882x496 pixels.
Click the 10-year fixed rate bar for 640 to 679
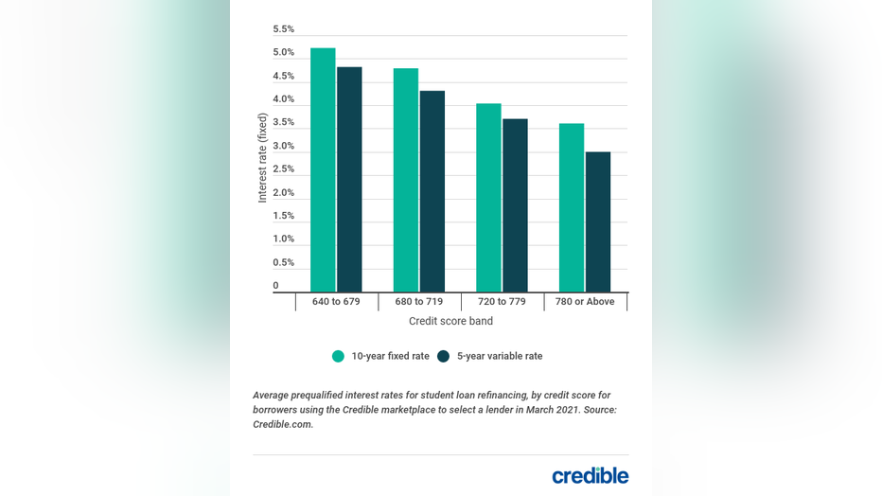click(x=323, y=170)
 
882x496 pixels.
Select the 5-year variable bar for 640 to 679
click(x=349, y=180)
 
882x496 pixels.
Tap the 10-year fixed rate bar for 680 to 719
click(x=406, y=180)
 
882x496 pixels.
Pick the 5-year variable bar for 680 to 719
click(x=432, y=191)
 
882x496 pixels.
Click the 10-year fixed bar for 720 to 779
click(x=488, y=198)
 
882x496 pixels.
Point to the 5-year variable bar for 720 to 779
click(x=515, y=205)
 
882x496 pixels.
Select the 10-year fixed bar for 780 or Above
click(x=572, y=207)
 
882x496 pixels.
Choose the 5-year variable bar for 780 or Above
click(x=598, y=221)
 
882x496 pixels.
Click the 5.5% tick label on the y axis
click(x=284, y=29)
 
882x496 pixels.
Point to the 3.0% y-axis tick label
click(x=284, y=146)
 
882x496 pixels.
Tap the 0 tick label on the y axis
click(x=276, y=285)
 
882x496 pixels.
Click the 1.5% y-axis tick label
click(x=284, y=216)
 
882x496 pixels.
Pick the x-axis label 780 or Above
click(x=586, y=302)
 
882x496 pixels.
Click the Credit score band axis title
click(x=450, y=321)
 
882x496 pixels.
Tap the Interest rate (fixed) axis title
click(x=263, y=158)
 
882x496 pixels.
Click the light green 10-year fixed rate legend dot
click(x=338, y=357)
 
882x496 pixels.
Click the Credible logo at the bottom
click(x=590, y=475)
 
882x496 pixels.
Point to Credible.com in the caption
click(x=283, y=424)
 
